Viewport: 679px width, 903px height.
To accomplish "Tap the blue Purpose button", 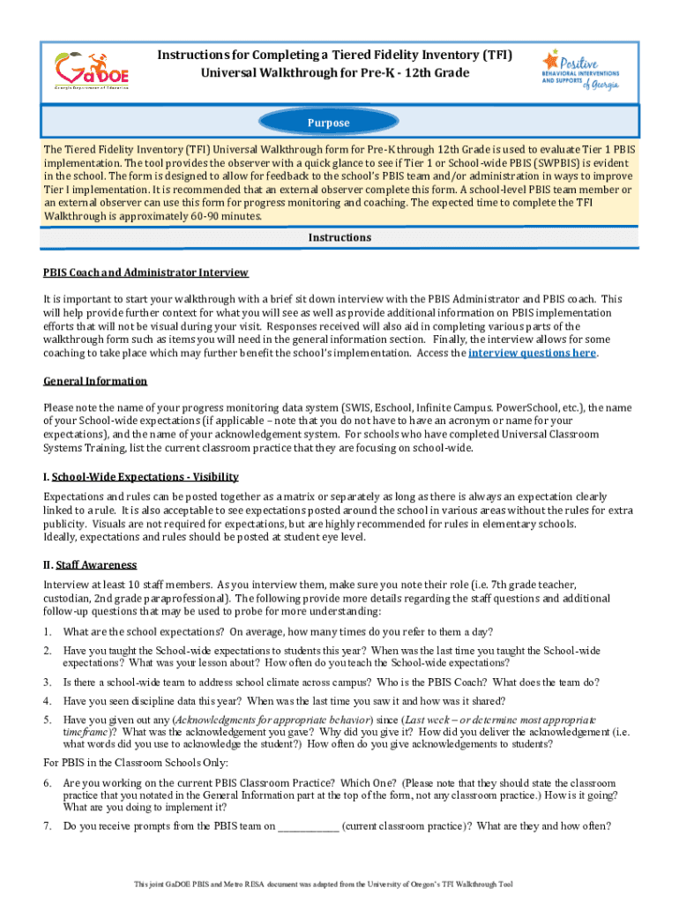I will [x=328, y=123].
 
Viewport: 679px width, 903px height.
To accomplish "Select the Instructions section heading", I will [x=339, y=238].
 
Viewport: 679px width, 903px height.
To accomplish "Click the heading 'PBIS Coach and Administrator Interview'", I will [x=145, y=272].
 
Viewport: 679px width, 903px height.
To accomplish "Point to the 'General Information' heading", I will [x=95, y=381].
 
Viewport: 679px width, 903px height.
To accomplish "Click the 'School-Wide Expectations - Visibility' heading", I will [x=141, y=476].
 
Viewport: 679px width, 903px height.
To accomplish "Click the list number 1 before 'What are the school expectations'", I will [x=47, y=631].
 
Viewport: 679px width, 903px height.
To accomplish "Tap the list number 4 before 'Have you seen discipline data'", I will [x=47, y=701].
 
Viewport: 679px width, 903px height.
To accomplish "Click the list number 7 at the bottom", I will [x=47, y=826].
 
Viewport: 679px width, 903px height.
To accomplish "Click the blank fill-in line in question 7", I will [x=308, y=826].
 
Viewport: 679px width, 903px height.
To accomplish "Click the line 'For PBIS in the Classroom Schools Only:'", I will [x=136, y=763].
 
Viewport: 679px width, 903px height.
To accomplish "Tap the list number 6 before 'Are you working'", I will [x=47, y=783].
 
